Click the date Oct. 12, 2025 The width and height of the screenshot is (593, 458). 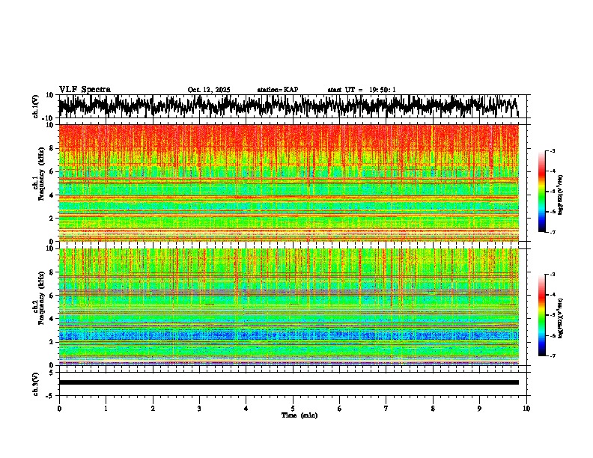coord(208,90)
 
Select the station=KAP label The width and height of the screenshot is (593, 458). coord(277,90)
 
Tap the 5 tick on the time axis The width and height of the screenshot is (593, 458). coord(293,409)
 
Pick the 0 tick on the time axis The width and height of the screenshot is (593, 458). coord(59,409)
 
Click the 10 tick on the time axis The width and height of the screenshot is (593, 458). coord(526,409)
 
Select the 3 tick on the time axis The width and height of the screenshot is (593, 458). coord(199,409)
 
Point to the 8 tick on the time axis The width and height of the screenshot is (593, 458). coord(433,409)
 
